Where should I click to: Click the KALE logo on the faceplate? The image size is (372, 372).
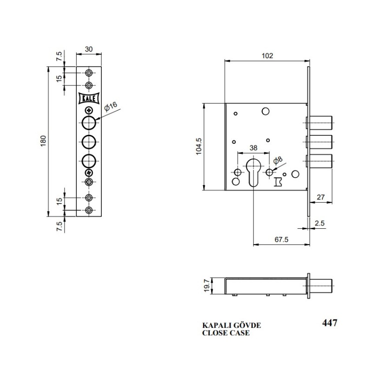pyautogui.click(x=89, y=98)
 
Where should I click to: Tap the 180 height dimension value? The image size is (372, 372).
pyautogui.click(x=43, y=141)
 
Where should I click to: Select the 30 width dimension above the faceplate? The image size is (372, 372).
pyautogui.click(x=89, y=49)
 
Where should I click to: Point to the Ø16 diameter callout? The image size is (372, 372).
pyautogui.click(x=111, y=106)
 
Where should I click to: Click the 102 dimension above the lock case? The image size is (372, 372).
pyautogui.click(x=267, y=56)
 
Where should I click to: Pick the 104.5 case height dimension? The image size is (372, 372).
pyautogui.click(x=199, y=146)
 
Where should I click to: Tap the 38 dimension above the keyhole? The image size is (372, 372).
pyautogui.click(x=253, y=148)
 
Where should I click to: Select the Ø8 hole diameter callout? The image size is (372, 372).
pyautogui.click(x=278, y=160)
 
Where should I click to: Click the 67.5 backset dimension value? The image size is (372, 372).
pyautogui.click(x=281, y=239)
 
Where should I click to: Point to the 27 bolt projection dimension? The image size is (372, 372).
pyautogui.click(x=321, y=197)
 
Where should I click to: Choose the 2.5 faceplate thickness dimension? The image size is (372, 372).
pyautogui.click(x=319, y=223)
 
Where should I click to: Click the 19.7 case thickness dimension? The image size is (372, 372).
pyautogui.click(x=207, y=286)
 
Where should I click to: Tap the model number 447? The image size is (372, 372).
pyautogui.click(x=330, y=323)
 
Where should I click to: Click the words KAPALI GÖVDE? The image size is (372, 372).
pyautogui.click(x=231, y=325)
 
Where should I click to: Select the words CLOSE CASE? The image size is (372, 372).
pyautogui.click(x=226, y=333)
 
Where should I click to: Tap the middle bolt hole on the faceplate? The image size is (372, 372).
pyautogui.click(x=89, y=142)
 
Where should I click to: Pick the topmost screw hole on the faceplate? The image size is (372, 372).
pyautogui.click(x=89, y=73)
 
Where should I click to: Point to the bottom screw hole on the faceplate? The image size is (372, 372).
pyautogui.click(x=89, y=210)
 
